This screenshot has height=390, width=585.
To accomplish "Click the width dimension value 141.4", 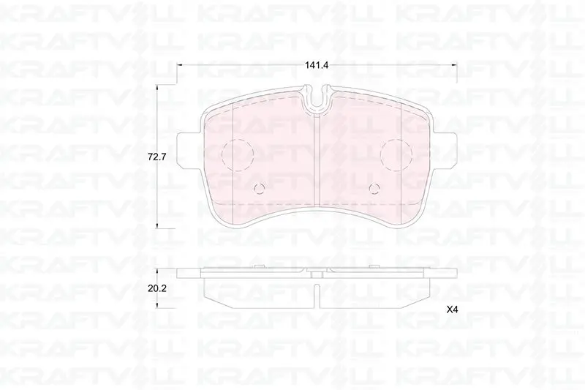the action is pyautogui.click(x=317, y=65).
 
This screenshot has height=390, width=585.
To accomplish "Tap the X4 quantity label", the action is pyautogui.click(x=452, y=310).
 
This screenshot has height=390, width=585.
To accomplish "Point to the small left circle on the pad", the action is pyautogui.click(x=259, y=189).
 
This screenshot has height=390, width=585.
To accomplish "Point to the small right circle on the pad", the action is pyautogui.click(x=374, y=189).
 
